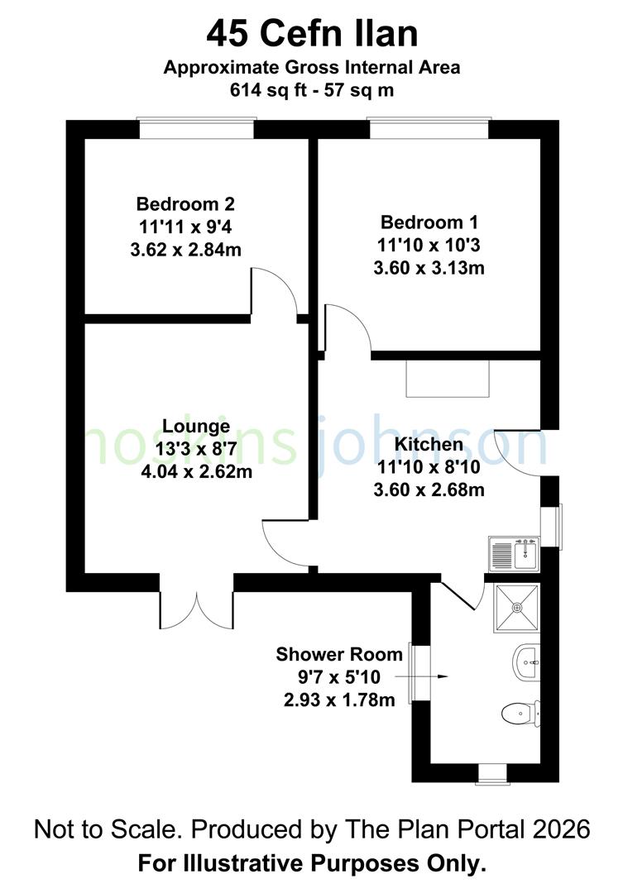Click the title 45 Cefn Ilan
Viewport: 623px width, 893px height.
tap(311, 35)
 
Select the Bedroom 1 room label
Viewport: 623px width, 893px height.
tap(429, 222)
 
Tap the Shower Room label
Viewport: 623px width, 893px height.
tap(339, 655)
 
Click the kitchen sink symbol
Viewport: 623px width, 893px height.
tap(514, 554)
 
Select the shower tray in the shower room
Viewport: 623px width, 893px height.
tap(518, 608)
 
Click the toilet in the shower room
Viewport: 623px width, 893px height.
tap(522, 712)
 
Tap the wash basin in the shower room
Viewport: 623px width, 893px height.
tap(526, 662)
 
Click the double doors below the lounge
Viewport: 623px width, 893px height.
tap(197, 609)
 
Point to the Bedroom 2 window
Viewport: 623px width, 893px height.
tap(195, 129)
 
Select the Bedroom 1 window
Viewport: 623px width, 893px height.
tap(429, 129)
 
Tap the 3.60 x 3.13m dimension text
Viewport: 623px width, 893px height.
tap(429, 267)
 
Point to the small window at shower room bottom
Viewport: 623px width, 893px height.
tap(493, 773)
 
